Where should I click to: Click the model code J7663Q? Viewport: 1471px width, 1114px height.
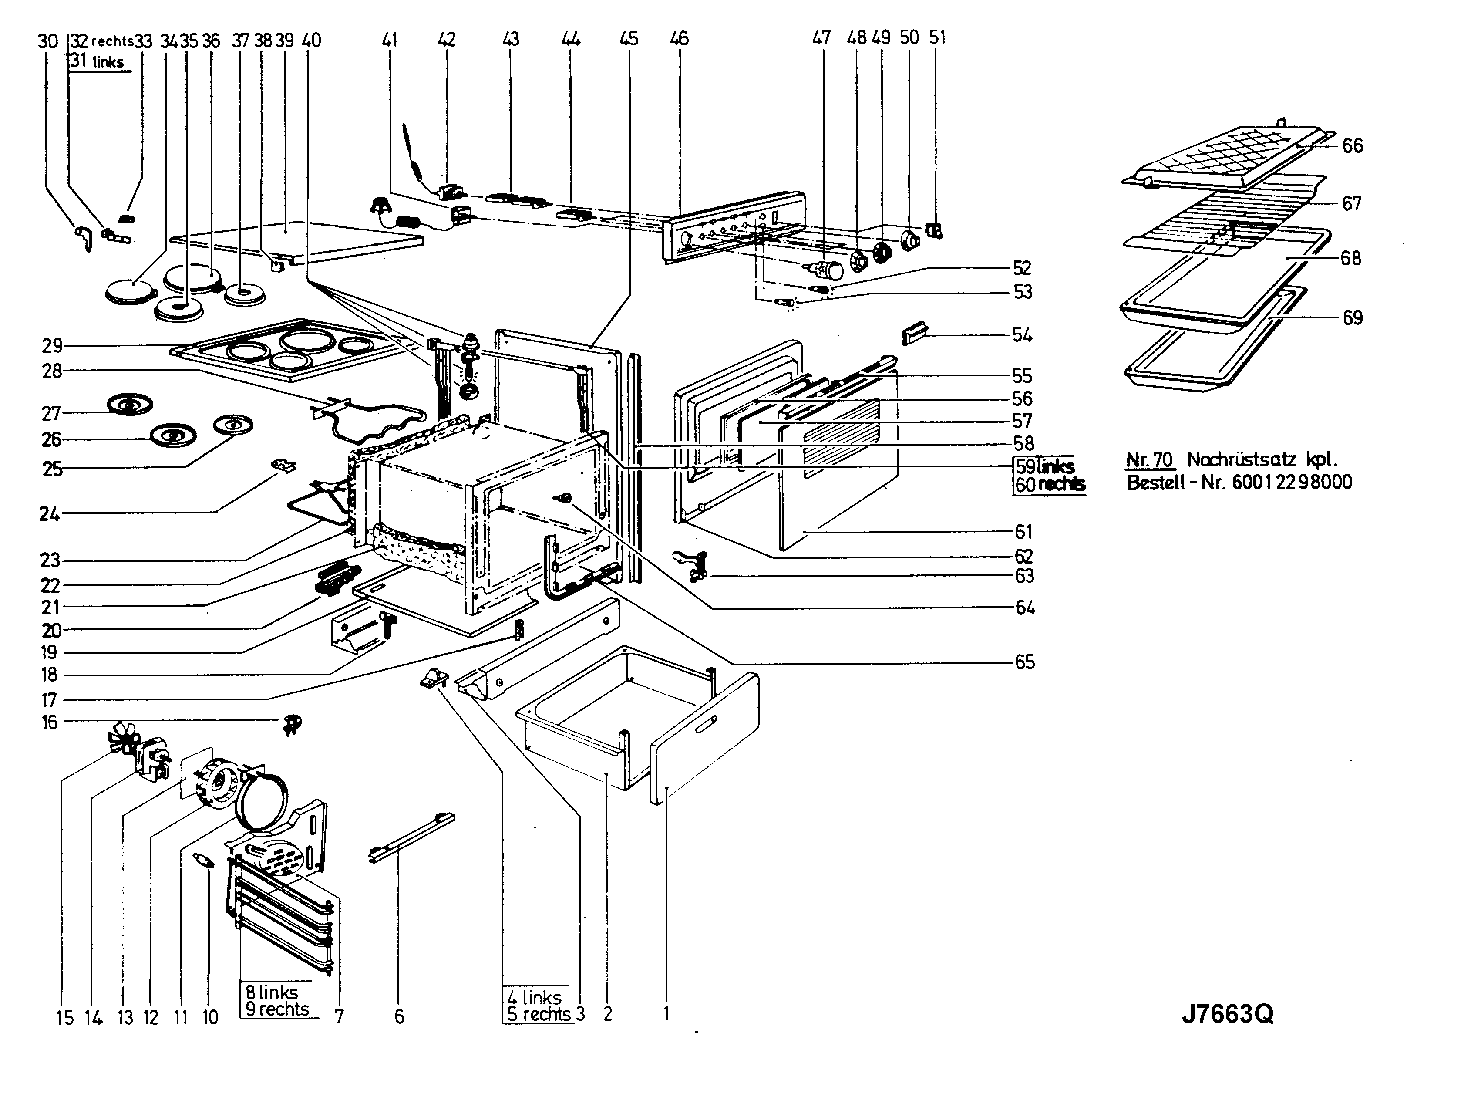click(x=1227, y=1015)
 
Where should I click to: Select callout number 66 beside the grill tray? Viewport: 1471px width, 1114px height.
click(x=1353, y=145)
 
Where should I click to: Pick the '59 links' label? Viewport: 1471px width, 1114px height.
click(x=1045, y=466)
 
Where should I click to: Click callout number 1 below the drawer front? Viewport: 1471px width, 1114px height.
click(x=666, y=1013)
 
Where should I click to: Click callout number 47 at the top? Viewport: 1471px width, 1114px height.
click(x=822, y=38)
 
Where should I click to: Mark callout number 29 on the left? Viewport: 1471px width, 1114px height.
click(x=53, y=346)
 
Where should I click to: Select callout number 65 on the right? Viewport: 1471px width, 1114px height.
click(x=1025, y=662)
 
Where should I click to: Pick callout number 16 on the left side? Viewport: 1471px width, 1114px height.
click(x=50, y=722)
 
